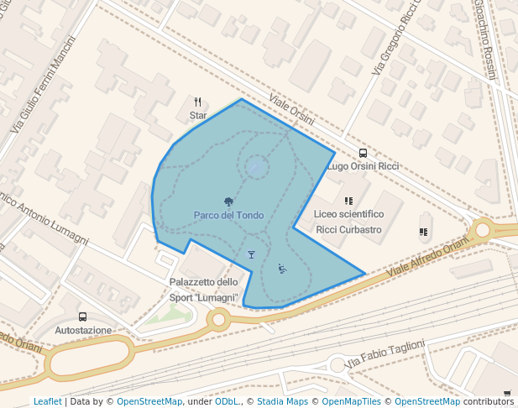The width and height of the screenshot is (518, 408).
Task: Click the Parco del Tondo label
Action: click(228, 216)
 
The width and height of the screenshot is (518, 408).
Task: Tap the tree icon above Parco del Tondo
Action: click(228, 201)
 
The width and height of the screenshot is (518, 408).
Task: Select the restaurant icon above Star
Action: click(197, 102)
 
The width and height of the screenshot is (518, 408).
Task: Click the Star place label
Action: click(198, 115)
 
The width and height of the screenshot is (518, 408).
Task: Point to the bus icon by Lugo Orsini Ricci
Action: click(363, 154)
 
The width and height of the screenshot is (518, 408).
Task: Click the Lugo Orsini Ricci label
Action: click(362, 166)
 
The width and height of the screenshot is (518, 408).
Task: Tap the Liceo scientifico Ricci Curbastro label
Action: click(348, 222)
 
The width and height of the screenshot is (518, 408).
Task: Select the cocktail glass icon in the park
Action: click(251, 254)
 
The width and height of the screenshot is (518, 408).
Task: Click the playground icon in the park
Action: click(282, 269)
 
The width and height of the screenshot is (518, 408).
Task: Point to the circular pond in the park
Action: click(257, 167)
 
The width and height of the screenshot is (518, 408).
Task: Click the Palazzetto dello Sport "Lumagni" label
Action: click(204, 290)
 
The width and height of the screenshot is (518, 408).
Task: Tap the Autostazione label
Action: click(82, 330)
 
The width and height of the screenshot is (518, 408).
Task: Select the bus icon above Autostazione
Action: click(82, 316)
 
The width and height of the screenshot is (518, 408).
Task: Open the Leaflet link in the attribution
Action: click(47, 401)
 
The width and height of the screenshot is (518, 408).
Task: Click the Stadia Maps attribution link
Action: click(282, 401)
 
